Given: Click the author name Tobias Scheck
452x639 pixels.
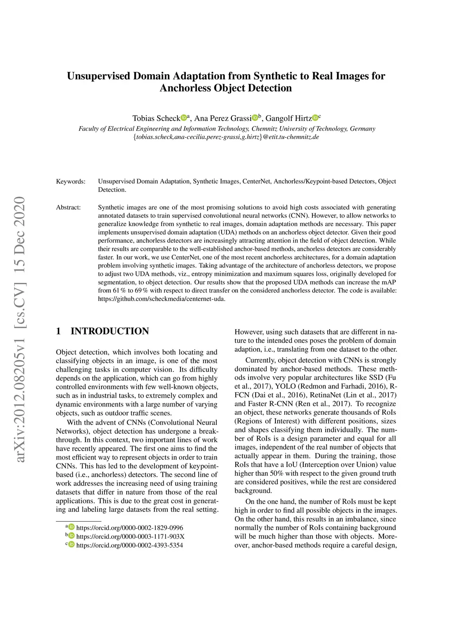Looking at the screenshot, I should (x=156, y=118).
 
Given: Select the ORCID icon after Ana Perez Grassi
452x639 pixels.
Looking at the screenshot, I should (x=255, y=117).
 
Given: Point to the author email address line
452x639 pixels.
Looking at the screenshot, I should (x=226, y=137).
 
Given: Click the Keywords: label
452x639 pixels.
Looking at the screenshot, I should (x=71, y=181).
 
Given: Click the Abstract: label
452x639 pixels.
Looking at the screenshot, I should (x=68, y=207).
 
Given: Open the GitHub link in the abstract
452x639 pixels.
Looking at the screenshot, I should (x=162, y=299).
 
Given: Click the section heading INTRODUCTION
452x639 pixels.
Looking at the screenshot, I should (x=109, y=331).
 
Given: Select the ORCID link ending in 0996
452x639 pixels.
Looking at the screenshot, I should (x=129, y=528).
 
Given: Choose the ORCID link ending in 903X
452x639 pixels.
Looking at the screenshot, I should (x=130, y=537).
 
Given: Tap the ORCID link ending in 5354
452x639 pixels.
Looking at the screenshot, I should (x=129, y=545).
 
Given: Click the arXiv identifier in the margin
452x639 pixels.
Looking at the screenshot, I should (x=20, y=397).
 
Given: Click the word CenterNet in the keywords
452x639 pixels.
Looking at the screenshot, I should (x=256, y=181).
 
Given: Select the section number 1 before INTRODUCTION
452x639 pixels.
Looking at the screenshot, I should (x=58, y=331).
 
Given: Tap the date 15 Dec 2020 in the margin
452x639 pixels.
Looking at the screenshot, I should (x=20, y=234).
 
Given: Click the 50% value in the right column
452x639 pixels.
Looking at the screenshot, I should (x=275, y=474).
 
